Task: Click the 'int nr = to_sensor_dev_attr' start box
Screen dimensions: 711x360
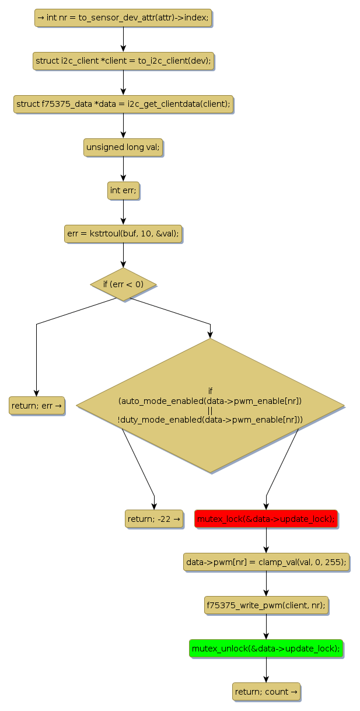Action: point(123,18)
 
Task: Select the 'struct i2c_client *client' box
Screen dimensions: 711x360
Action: point(123,61)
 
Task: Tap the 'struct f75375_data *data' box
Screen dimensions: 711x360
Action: point(123,104)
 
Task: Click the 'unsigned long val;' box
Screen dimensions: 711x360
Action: point(123,147)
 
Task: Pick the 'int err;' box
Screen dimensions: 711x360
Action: point(123,190)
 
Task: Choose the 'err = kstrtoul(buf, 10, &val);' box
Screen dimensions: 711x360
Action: point(123,233)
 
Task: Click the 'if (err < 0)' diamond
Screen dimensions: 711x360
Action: point(123,284)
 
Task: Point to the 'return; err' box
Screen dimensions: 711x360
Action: point(36,405)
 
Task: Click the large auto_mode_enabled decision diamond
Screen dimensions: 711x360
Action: point(210,405)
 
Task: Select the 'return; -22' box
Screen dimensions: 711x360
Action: point(154,518)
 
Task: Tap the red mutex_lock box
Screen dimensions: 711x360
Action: point(266,518)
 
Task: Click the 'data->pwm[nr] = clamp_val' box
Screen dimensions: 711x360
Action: point(266,562)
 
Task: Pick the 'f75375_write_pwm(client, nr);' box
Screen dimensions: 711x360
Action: point(266,605)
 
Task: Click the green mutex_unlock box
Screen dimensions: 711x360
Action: point(266,649)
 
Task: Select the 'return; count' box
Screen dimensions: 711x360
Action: point(266,692)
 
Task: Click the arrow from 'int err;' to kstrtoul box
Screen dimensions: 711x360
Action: point(123,212)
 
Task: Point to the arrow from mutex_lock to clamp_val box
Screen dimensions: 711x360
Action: point(266,540)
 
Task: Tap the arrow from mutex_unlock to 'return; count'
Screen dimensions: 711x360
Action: point(266,670)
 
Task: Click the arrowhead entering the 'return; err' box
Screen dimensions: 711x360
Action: point(36,393)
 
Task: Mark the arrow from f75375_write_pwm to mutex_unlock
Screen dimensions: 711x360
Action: point(266,626)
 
